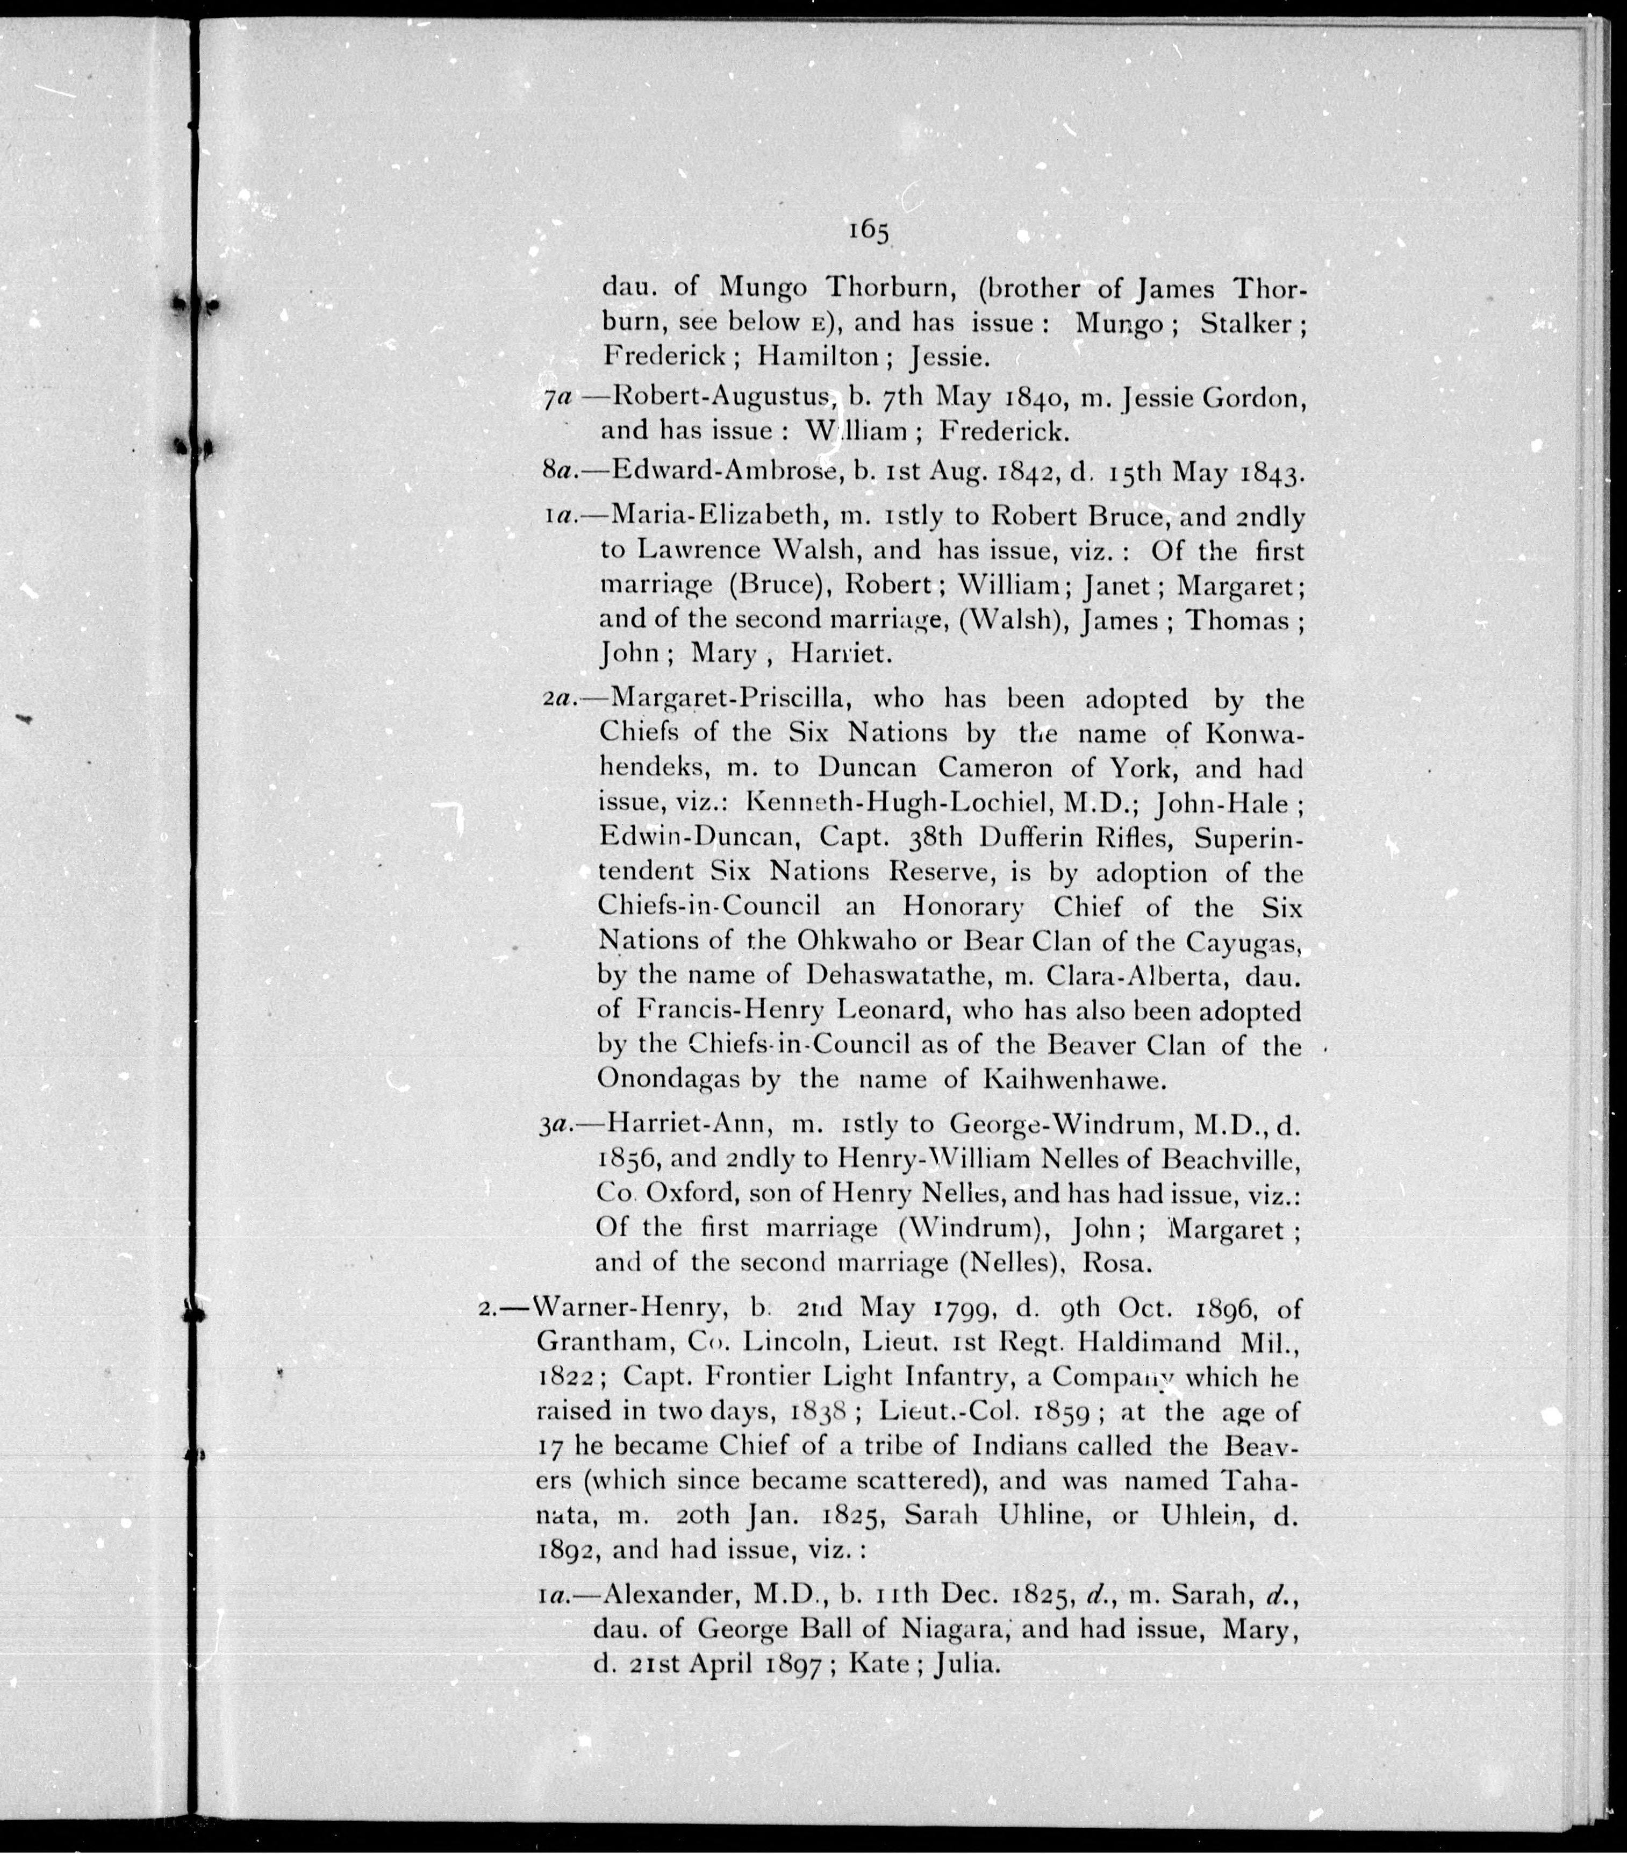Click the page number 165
868,230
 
